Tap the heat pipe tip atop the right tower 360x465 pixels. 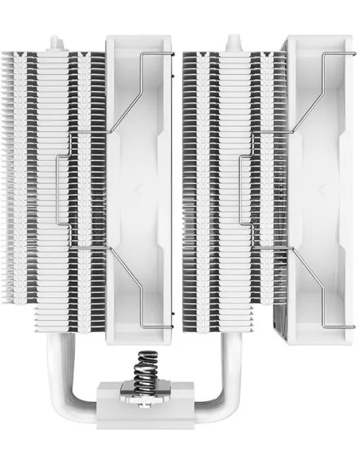click(233, 40)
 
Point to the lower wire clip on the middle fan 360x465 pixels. click(143, 295)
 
